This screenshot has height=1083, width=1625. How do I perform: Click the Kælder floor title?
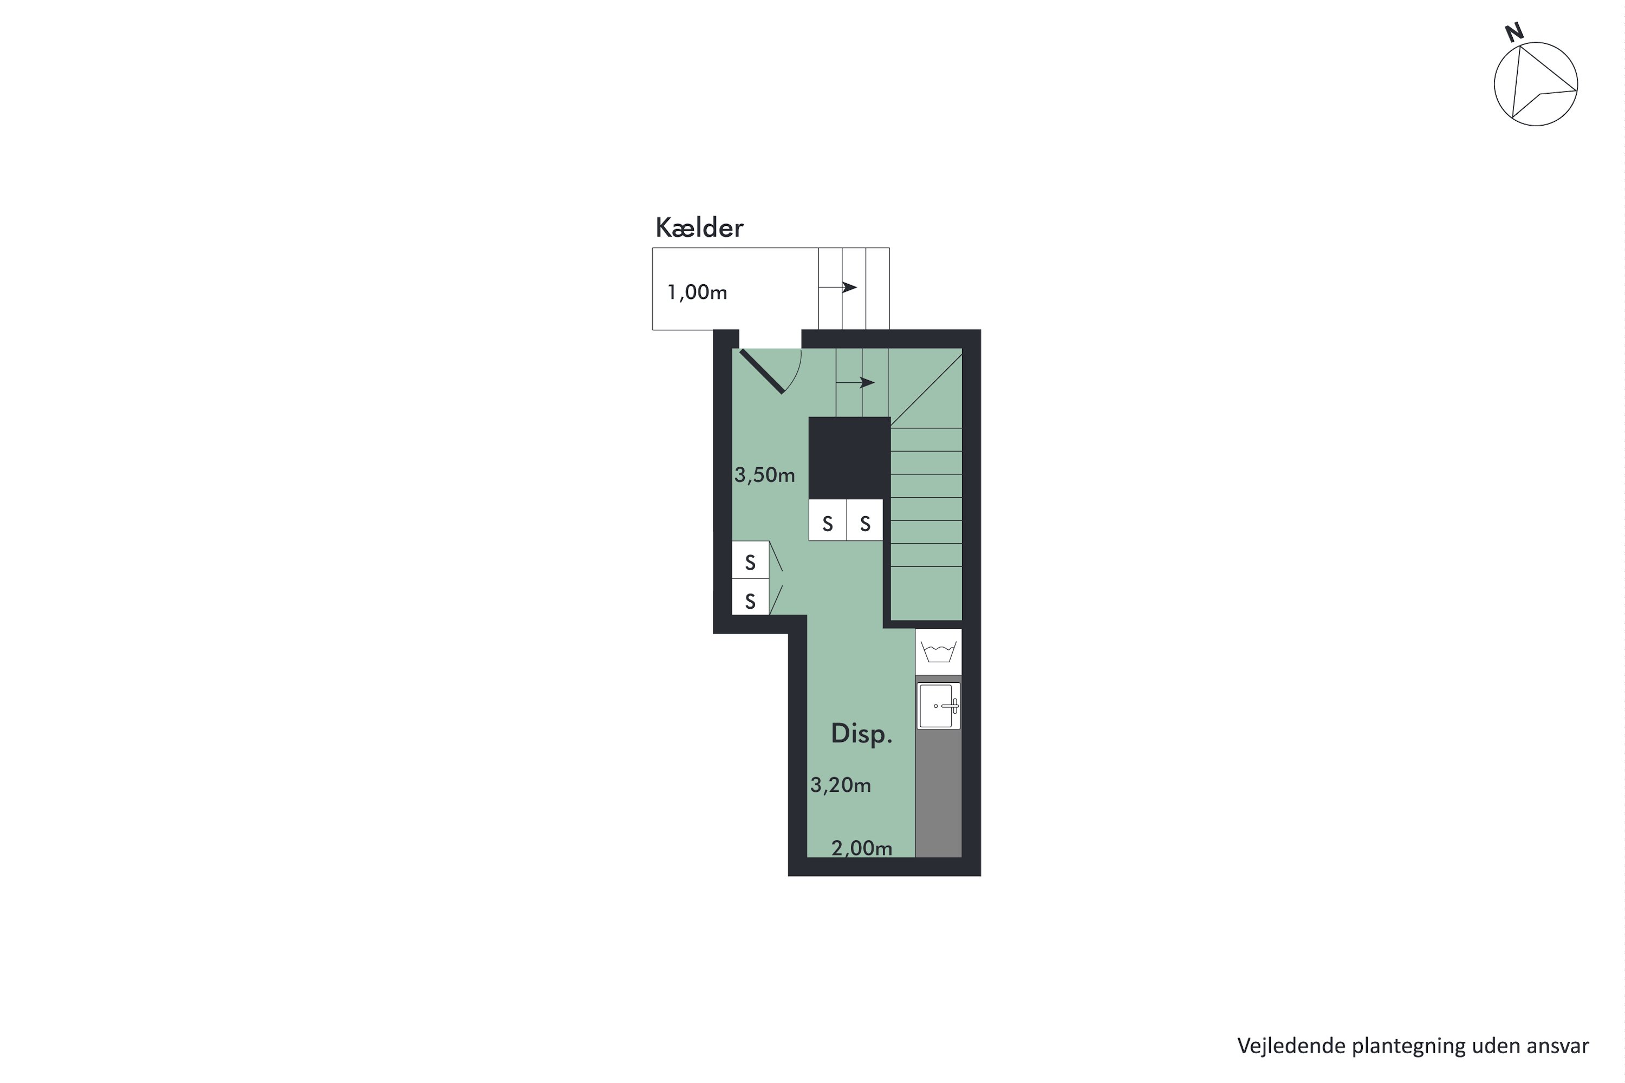[699, 228]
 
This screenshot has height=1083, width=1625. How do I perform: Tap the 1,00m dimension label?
[697, 292]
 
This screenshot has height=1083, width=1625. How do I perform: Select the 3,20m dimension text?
[840, 785]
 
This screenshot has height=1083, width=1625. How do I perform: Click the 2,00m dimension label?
[862, 847]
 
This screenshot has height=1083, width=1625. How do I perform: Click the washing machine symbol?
[938, 651]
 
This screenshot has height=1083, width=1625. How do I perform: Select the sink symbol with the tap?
[938, 706]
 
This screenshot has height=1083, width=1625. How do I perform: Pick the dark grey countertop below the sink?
[938, 794]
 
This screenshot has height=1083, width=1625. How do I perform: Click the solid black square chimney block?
[849, 457]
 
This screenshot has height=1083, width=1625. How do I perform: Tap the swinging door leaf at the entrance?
[762, 371]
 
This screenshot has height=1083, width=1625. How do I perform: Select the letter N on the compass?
[1514, 32]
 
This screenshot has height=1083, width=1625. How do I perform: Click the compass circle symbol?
[1536, 84]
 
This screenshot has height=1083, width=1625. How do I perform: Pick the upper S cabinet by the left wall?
[750, 562]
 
